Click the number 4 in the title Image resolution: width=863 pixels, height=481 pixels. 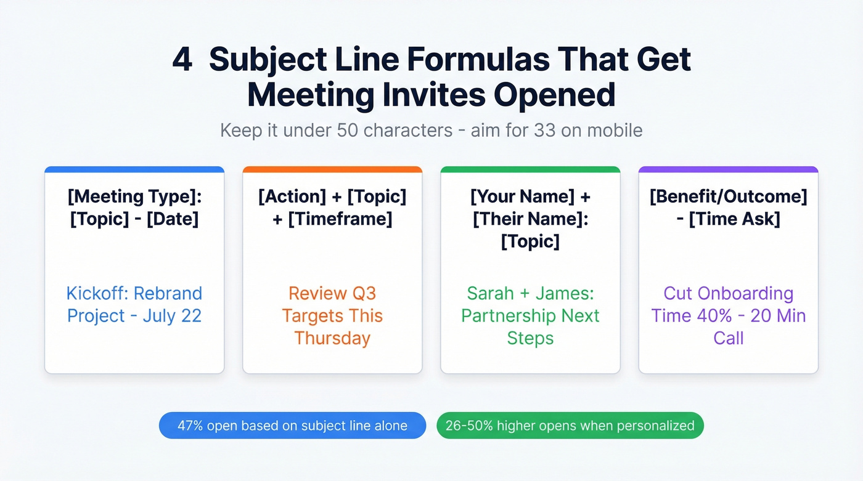[182, 60]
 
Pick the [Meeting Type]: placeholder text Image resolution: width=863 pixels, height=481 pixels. [134, 197]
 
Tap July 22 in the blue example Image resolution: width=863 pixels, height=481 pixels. [172, 316]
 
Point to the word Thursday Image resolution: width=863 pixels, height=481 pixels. [332, 338]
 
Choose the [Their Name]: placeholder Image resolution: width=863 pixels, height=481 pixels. [530, 219]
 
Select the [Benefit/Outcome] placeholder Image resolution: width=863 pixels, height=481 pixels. [728, 197]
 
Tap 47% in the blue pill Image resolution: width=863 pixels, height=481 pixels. [191, 426]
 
